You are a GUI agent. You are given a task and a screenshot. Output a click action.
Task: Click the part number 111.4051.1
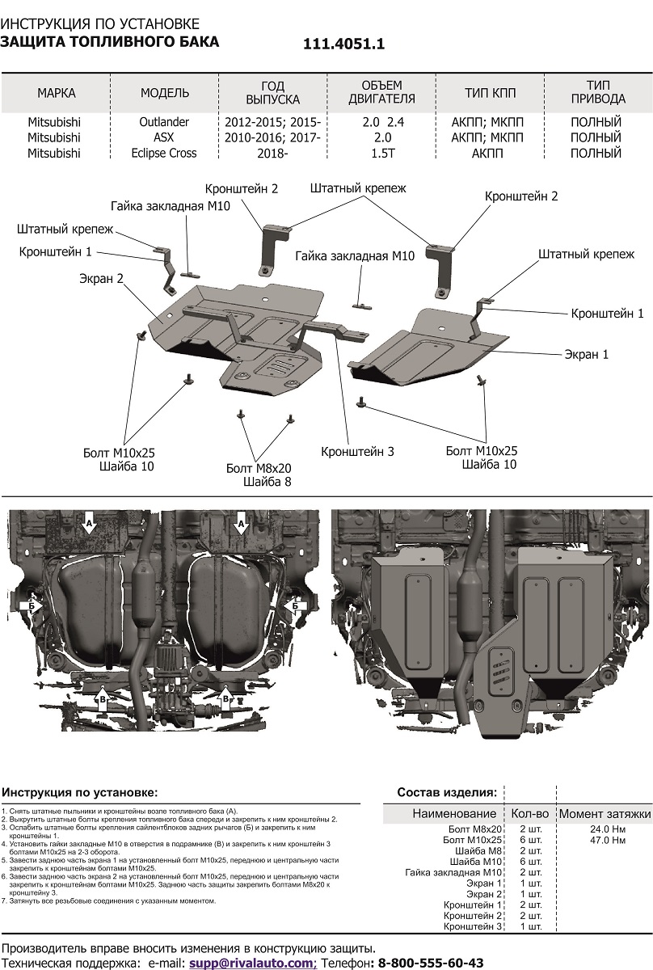tap(343, 44)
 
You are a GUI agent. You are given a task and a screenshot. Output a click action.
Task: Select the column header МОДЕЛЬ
tap(165, 93)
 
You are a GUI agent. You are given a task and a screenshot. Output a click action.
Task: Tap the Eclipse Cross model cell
tap(165, 153)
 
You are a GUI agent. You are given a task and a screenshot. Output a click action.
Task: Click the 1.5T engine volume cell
tap(381, 153)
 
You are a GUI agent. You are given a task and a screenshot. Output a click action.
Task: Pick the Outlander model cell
tap(165, 122)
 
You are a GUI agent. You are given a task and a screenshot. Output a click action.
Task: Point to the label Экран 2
tap(101, 279)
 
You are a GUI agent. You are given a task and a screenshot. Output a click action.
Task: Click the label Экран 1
tap(588, 354)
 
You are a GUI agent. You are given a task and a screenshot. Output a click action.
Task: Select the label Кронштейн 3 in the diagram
tap(357, 452)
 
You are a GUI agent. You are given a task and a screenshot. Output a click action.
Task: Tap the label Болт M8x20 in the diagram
tap(259, 468)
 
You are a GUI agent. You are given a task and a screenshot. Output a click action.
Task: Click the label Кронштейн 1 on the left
tap(56, 252)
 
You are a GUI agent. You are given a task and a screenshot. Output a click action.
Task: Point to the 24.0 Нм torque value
tap(607, 829)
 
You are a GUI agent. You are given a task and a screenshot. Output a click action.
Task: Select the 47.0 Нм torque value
tap(607, 841)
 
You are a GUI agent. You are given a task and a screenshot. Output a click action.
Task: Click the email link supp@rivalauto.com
tap(252, 963)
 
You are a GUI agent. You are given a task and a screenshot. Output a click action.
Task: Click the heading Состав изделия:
tap(447, 792)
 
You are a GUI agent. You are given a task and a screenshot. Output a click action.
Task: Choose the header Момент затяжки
tap(605, 814)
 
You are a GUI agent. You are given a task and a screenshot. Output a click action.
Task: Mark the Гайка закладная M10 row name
tap(453, 873)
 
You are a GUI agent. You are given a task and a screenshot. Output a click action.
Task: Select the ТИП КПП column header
tap(490, 93)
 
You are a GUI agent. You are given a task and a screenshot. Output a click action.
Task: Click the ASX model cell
tap(165, 137)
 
